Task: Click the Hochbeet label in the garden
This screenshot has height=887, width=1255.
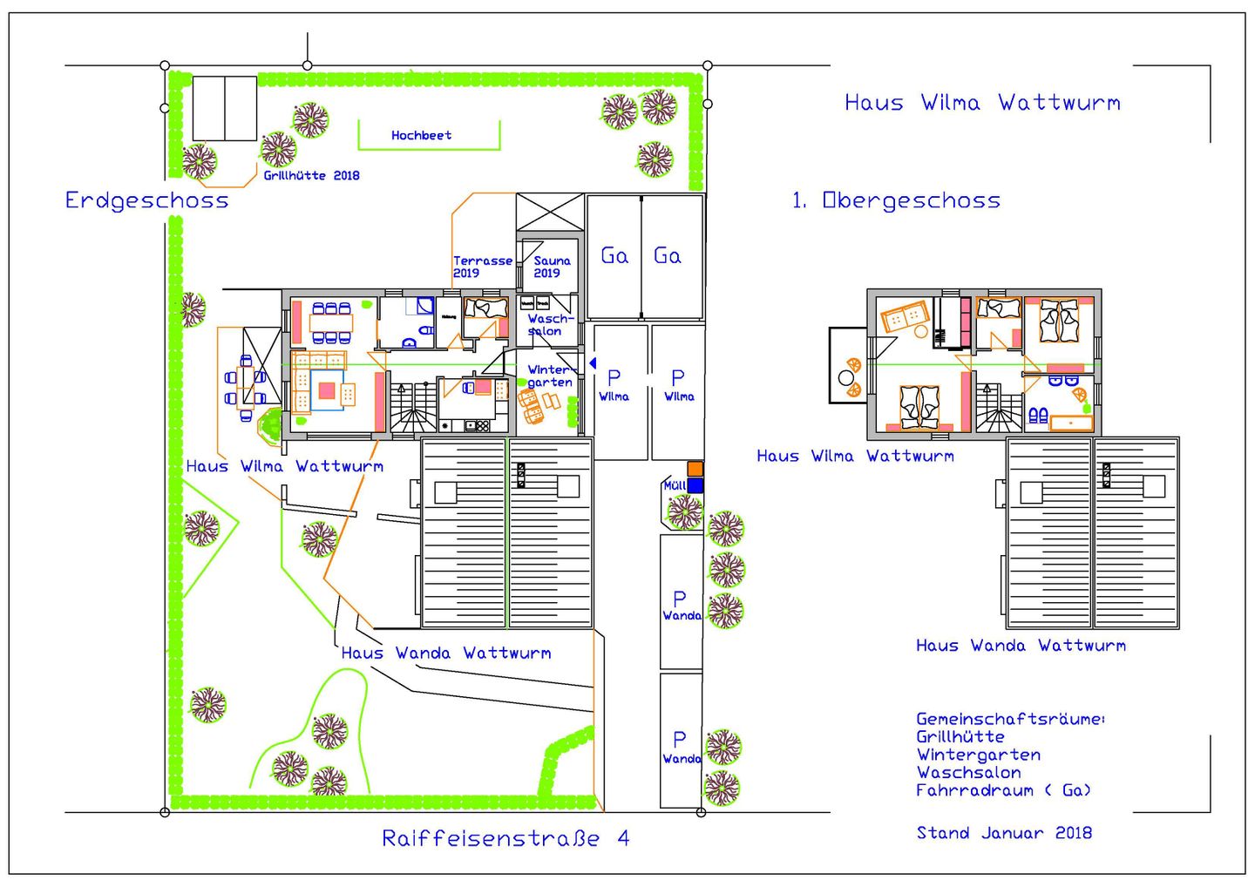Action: pyautogui.click(x=421, y=135)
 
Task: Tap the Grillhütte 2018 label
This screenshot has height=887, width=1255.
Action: pyautogui.click(x=311, y=175)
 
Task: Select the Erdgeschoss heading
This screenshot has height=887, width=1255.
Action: pyautogui.click(x=146, y=200)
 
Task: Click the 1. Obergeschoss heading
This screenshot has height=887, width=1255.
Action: pyautogui.click(x=896, y=200)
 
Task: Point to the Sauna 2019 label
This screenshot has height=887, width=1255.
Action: pyautogui.click(x=551, y=267)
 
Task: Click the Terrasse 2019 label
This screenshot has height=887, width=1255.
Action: pyautogui.click(x=482, y=267)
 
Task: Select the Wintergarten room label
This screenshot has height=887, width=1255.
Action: pyautogui.click(x=550, y=376)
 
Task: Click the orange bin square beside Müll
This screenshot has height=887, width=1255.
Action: pyautogui.click(x=695, y=470)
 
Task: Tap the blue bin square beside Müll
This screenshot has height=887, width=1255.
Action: pyautogui.click(x=695, y=485)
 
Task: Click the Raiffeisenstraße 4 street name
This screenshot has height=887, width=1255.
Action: pyautogui.click(x=505, y=838)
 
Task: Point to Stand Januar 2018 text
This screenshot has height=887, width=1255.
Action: pyautogui.click(x=1003, y=833)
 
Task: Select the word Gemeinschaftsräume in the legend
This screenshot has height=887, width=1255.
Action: pyautogui.click(x=1009, y=719)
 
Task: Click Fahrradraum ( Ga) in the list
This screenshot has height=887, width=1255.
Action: pyautogui.click(x=1002, y=790)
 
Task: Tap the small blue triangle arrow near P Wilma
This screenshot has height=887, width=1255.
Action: pyautogui.click(x=593, y=362)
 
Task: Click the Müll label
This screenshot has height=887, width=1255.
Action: pyautogui.click(x=674, y=485)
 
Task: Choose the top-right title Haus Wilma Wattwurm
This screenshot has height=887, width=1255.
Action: pyautogui.click(x=982, y=103)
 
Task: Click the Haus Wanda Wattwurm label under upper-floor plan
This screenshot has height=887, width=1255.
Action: pyautogui.click(x=1021, y=646)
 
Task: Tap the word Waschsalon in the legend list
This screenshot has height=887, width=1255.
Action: pyautogui.click(x=968, y=773)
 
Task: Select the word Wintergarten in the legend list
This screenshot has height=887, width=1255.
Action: pyautogui.click(x=978, y=755)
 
